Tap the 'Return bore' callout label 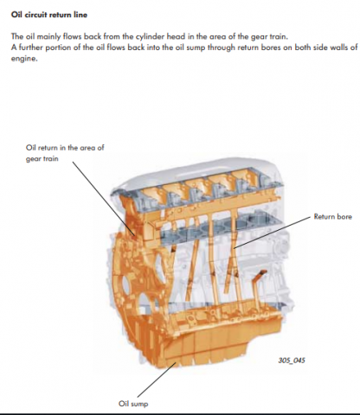[x=331, y=217]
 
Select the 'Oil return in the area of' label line [x=65, y=148]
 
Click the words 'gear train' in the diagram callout [x=42, y=159]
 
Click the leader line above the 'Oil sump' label [x=151, y=381]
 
